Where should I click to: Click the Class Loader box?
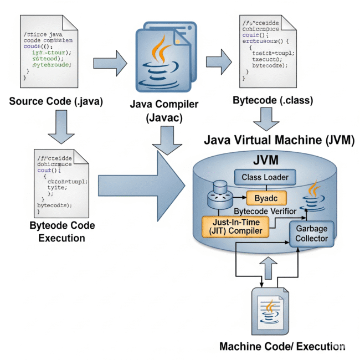point(265,178)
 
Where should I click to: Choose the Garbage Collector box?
point(312,233)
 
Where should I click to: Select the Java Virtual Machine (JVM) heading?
point(279,140)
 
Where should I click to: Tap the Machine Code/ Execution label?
point(282,347)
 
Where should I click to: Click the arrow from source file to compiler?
point(107,60)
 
